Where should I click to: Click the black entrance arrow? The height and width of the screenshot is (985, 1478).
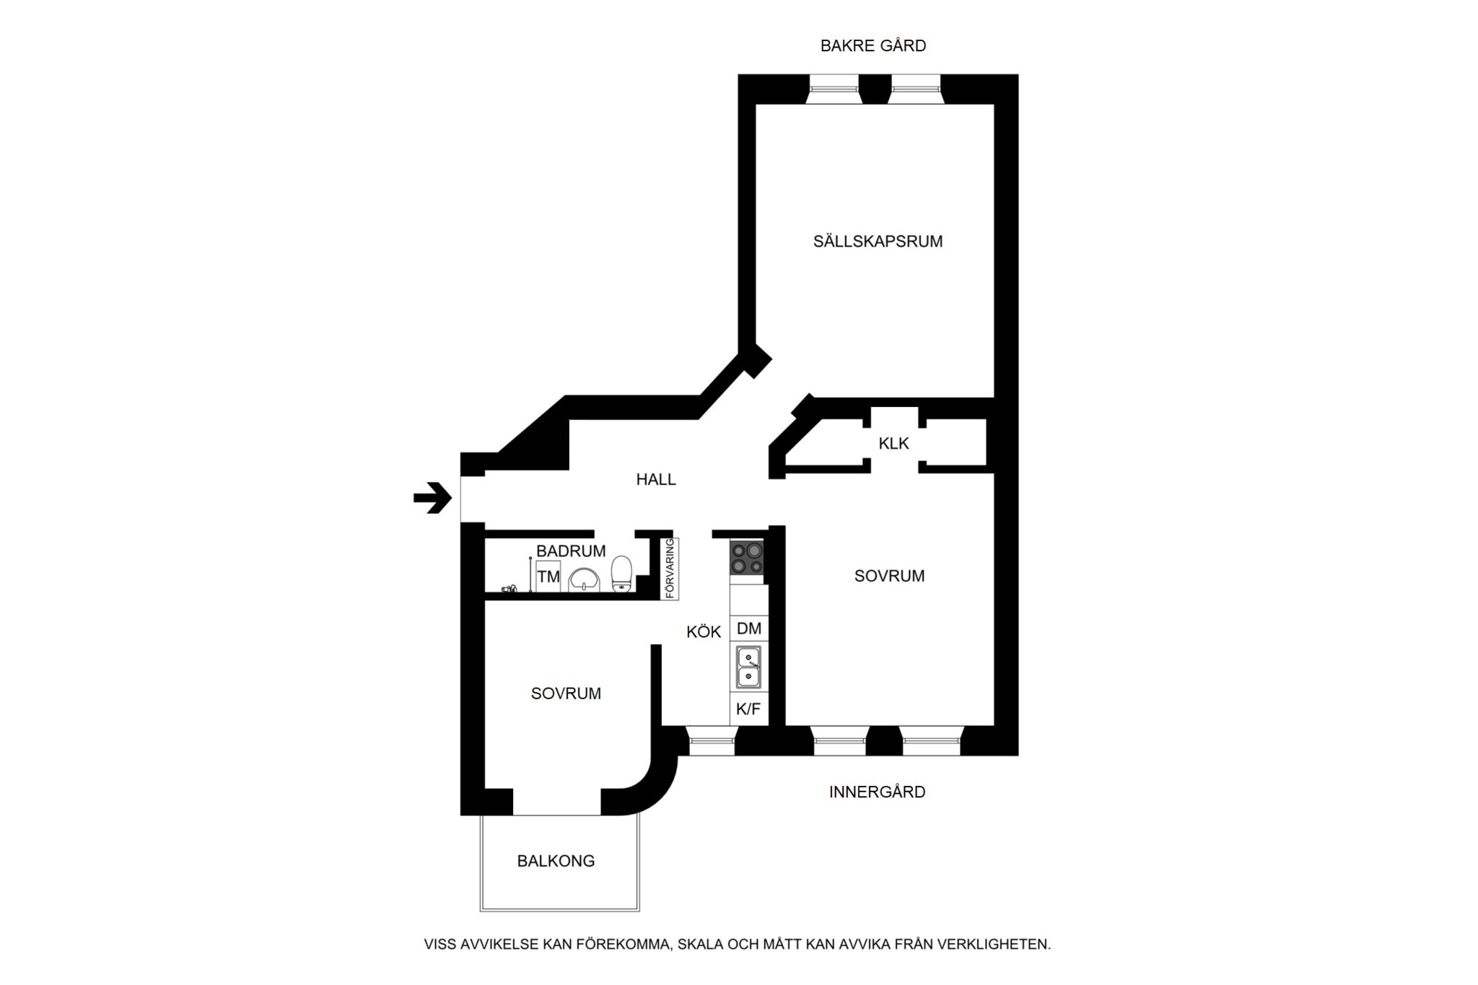coord(432,497)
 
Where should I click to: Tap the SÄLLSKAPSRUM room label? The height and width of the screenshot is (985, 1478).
coord(878,242)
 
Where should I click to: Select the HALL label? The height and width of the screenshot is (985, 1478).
coord(656,479)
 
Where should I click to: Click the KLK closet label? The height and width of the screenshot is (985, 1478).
coord(893,444)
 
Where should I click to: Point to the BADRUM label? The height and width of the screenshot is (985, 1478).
coord(571,551)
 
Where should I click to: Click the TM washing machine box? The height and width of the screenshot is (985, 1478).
coord(548,577)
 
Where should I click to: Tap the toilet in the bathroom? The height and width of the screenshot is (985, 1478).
coord(621,574)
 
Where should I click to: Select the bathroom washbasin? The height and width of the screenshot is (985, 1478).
coord(584,580)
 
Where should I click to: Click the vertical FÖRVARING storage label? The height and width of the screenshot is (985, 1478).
coord(670,569)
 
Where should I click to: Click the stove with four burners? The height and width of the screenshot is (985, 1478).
coord(747,558)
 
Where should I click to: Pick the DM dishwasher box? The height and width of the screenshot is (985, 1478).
coord(749,629)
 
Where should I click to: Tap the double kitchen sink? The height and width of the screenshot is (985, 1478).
coord(748,667)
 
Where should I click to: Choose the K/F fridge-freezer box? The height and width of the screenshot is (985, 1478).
coord(748,709)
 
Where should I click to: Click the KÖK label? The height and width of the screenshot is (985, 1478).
coord(704,632)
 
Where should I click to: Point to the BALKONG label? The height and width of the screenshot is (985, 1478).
coord(556,861)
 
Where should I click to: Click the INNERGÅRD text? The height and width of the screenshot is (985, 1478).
coord(877,792)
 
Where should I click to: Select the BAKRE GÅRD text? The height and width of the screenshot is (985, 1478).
coord(873,45)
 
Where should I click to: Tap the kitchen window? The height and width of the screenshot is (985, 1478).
coord(712,741)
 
